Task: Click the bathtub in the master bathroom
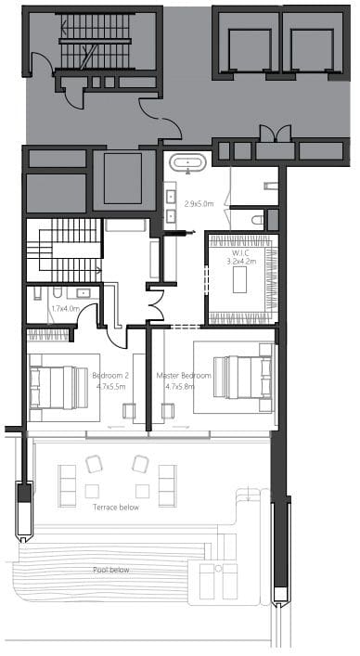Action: (x=188, y=162)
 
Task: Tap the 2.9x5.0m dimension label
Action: (x=199, y=204)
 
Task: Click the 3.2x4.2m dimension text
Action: (x=241, y=262)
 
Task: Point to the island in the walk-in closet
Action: (x=239, y=279)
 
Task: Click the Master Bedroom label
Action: (x=184, y=376)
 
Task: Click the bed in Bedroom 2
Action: (x=59, y=388)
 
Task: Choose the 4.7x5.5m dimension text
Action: (x=110, y=387)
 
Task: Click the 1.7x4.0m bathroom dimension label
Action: (x=64, y=309)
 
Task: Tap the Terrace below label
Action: (x=116, y=508)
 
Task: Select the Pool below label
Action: (x=111, y=570)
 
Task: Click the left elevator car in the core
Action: (x=250, y=50)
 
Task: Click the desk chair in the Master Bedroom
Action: (x=168, y=411)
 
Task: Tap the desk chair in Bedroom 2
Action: (x=129, y=411)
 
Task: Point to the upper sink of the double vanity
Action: (x=171, y=197)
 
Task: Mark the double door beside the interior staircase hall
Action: (x=156, y=304)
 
